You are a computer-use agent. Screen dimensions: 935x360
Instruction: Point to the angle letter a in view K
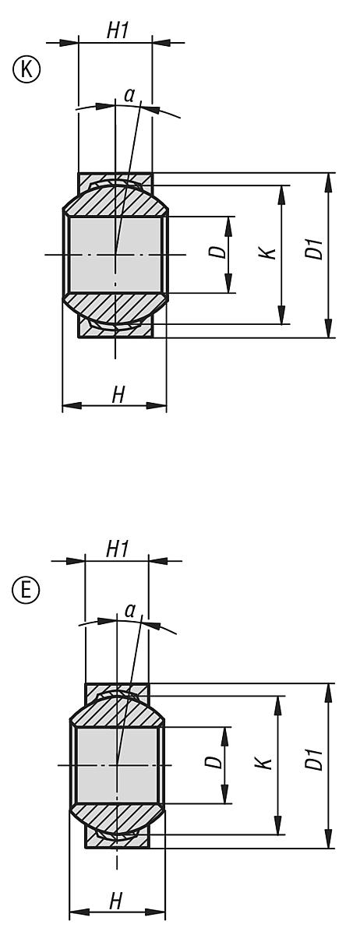click(129, 95)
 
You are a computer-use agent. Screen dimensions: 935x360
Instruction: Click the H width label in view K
click(118, 395)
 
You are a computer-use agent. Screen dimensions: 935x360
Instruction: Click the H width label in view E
click(115, 901)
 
